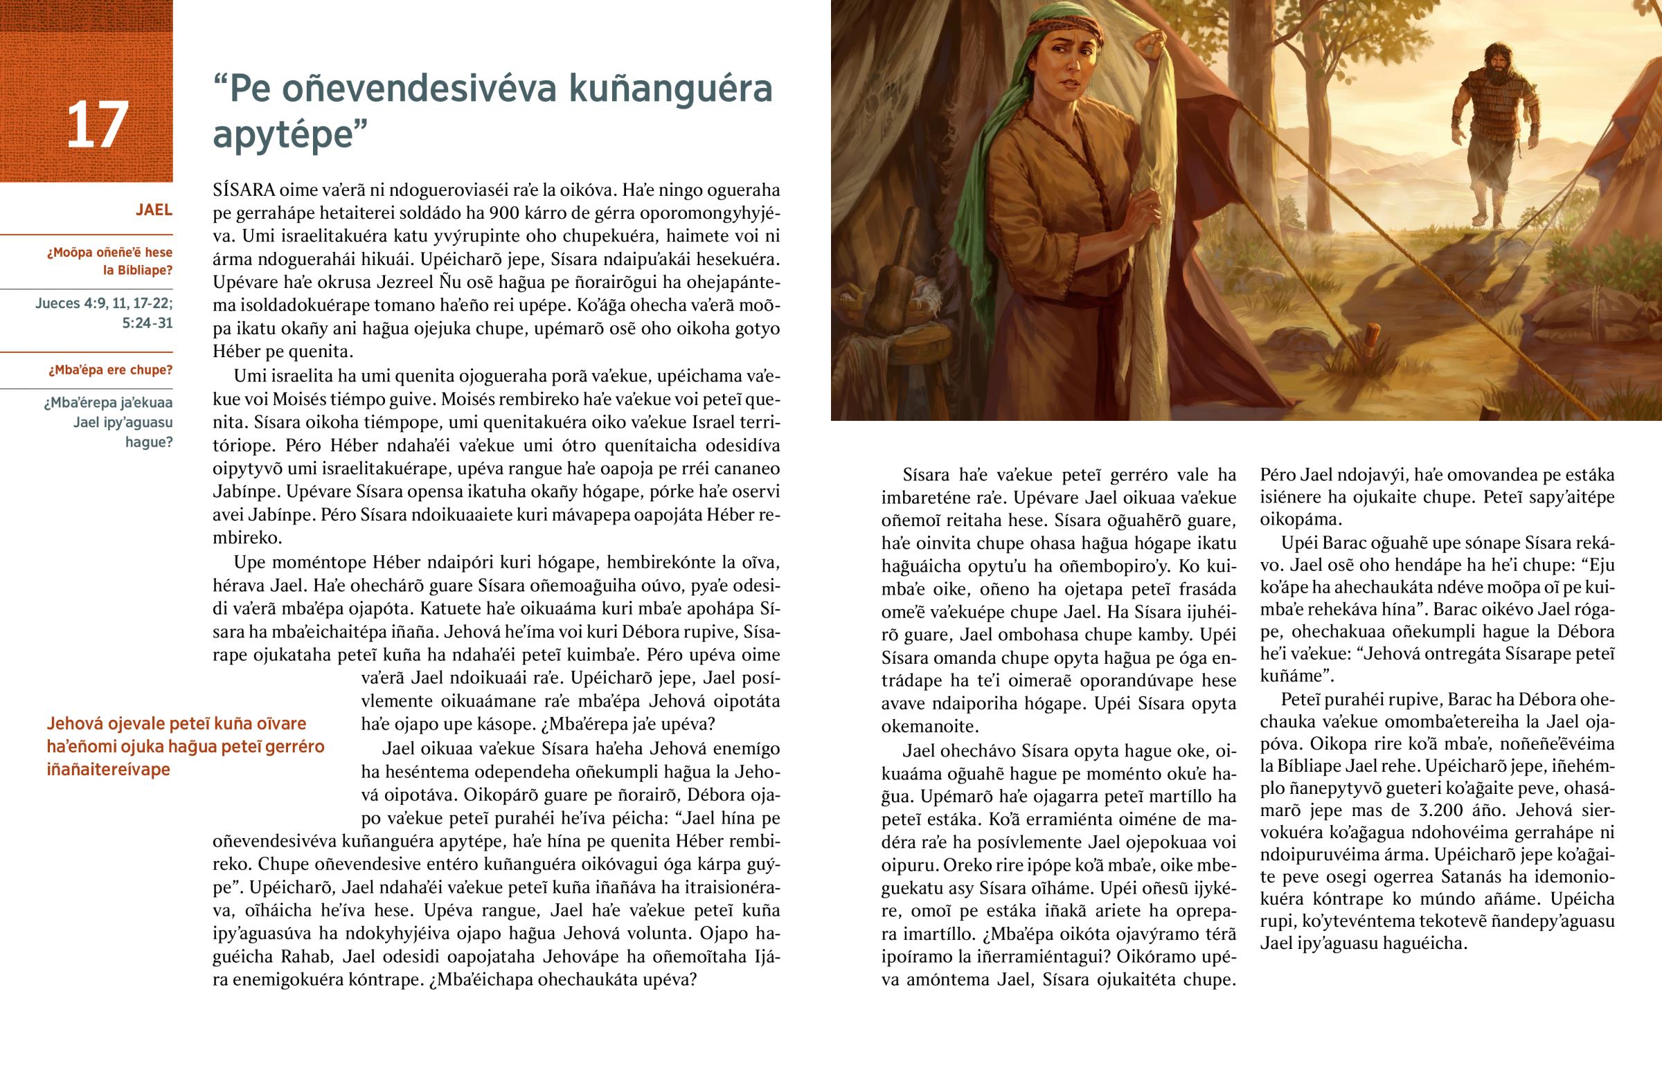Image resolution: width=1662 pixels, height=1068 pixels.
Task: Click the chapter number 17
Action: [97, 125]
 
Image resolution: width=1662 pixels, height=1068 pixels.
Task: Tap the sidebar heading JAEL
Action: [153, 210]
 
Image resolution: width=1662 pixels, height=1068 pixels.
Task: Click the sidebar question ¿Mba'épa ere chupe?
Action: [110, 370]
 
